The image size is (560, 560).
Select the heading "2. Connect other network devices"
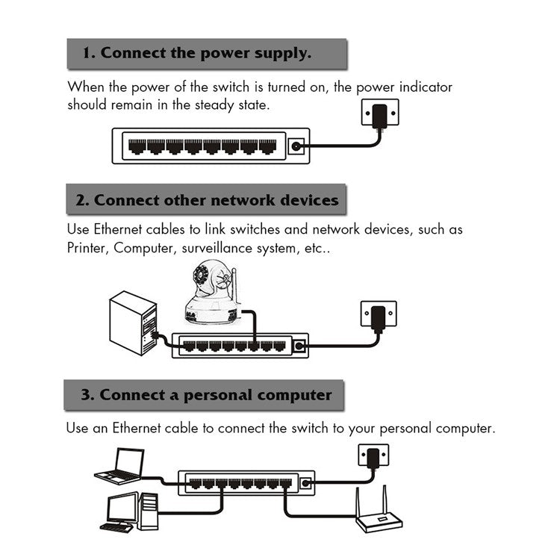(x=207, y=200)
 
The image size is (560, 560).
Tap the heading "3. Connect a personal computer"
(x=205, y=394)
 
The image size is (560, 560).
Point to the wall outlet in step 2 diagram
(x=378, y=314)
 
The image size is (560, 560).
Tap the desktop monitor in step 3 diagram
(x=122, y=510)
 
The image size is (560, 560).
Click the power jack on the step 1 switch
(x=297, y=146)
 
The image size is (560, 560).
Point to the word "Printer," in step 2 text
(x=87, y=248)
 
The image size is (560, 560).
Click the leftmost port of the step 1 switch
(x=137, y=146)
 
